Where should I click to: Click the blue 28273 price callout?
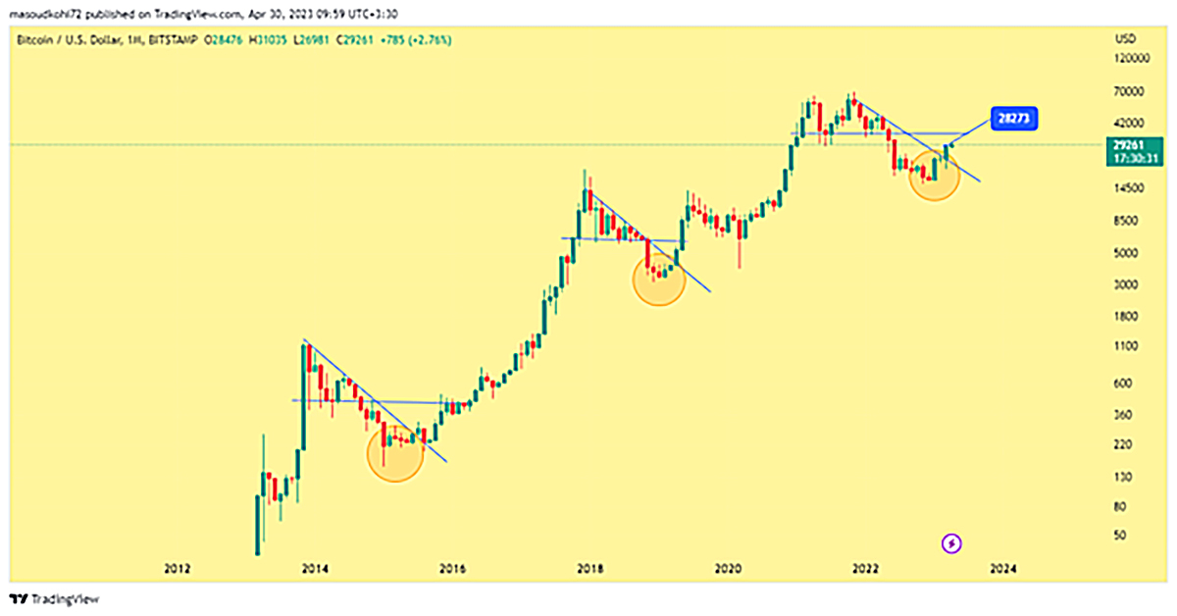[x=1013, y=118]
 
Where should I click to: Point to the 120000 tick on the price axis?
[x=1130, y=59]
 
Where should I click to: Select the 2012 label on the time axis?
[x=177, y=568]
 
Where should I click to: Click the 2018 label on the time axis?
[x=589, y=568]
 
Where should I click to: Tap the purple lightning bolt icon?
[x=952, y=542]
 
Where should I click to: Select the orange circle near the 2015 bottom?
[x=395, y=453]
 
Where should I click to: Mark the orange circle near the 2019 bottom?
[x=658, y=278]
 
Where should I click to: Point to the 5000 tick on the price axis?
[x=1128, y=252]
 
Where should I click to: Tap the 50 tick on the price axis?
[x=1122, y=536]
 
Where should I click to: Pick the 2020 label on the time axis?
[x=727, y=568]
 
